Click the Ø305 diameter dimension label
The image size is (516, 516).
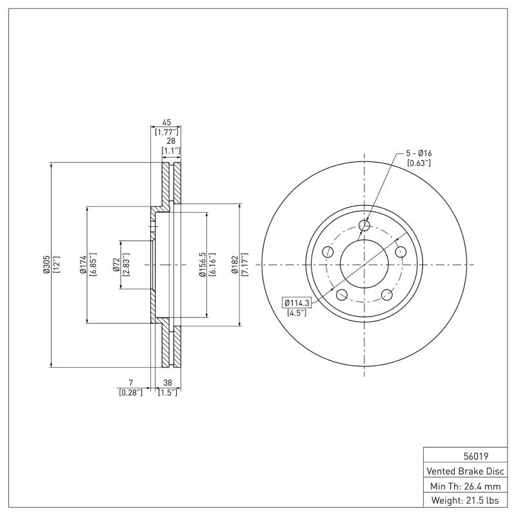click(46, 264)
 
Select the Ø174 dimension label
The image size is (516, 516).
click(83, 264)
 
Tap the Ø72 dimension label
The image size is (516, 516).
click(116, 264)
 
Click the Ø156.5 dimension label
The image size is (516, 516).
click(202, 264)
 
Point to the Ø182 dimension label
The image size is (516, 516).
click(236, 264)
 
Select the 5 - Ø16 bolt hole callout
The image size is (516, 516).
click(419, 153)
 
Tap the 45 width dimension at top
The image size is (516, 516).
click(166, 122)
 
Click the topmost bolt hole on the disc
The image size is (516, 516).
click(364, 226)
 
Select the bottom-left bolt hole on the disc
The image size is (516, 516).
click(341, 295)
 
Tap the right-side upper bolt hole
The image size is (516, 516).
click(401, 252)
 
